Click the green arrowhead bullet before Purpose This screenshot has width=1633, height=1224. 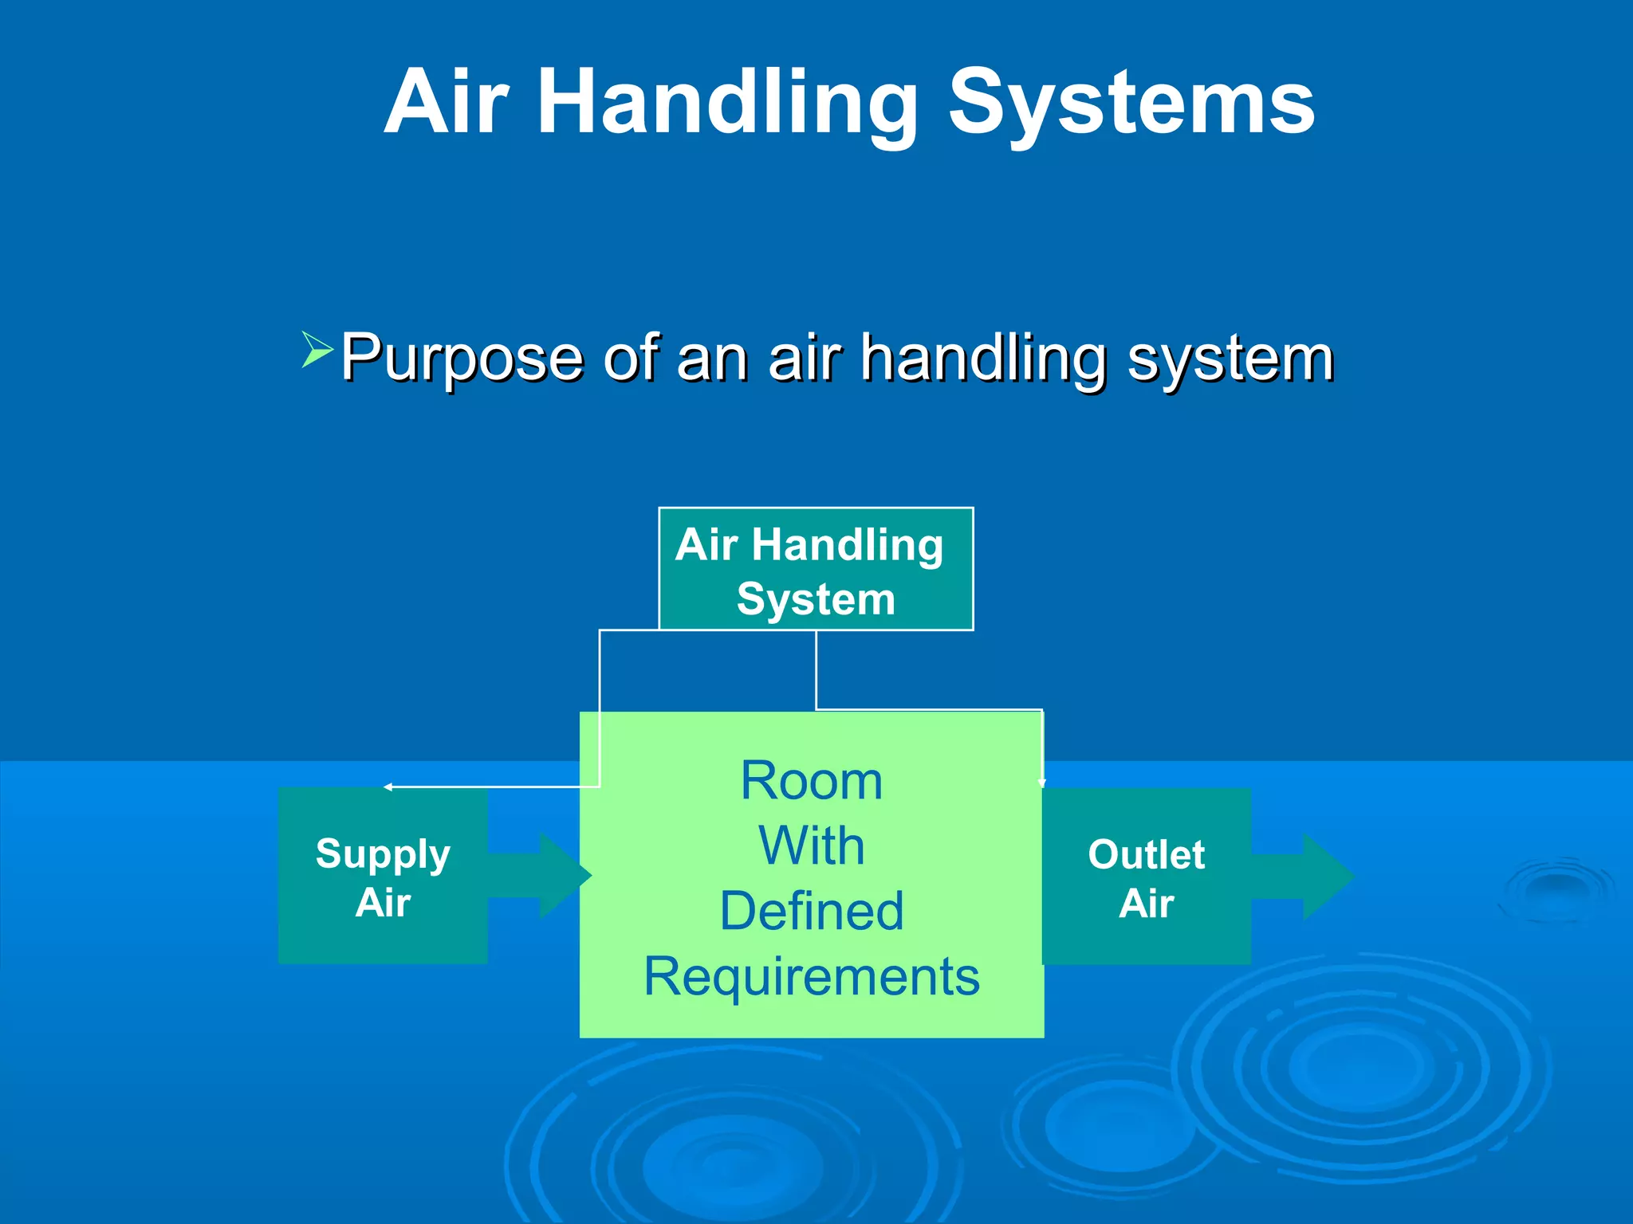pos(317,350)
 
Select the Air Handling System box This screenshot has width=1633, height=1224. pos(816,569)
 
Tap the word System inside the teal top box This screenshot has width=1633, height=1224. pos(816,599)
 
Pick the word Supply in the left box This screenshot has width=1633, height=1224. pos(383,854)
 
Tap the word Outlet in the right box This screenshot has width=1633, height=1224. pos(1146,855)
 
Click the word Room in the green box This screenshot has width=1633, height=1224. pos(812,780)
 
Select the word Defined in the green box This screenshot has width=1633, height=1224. pos(812,911)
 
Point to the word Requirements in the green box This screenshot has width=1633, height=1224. pos(812,977)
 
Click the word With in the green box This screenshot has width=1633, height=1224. pos(812,845)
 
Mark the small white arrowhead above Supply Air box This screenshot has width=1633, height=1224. pos(388,787)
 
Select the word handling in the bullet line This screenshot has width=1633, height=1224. pos(984,359)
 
